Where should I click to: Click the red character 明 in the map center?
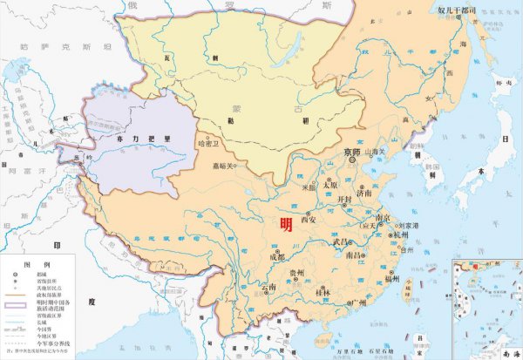click(x=286, y=224)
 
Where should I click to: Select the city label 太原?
click(x=329, y=185)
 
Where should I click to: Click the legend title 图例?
click(x=31, y=262)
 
